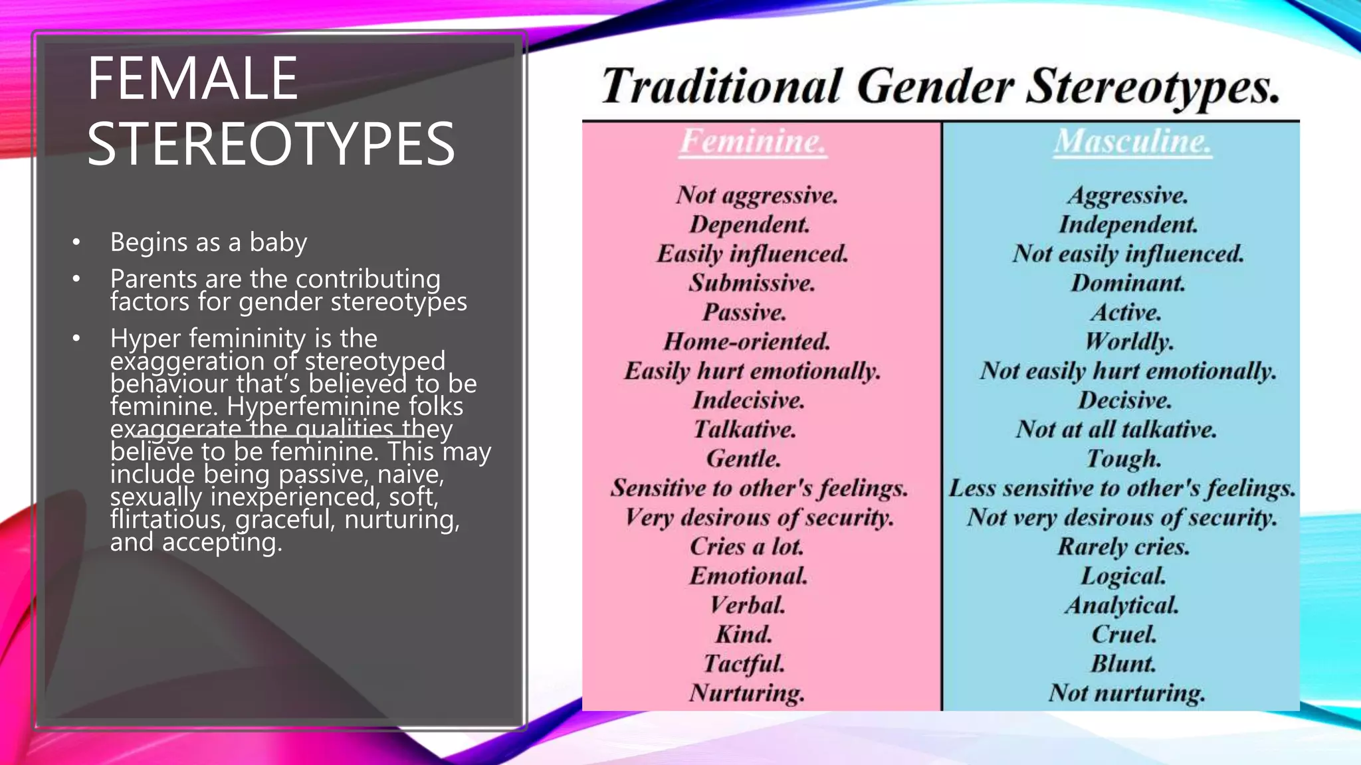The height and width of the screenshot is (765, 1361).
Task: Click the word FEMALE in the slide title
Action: (x=192, y=79)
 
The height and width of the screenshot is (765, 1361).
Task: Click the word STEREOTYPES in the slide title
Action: (x=270, y=144)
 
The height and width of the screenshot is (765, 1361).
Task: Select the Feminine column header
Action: (x=753, y=141)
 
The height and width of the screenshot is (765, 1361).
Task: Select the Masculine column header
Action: (x=1132, y=141)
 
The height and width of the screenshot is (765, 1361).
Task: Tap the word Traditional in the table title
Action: (x=722, y=87)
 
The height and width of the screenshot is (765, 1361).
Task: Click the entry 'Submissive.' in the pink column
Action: (x=752, y=284)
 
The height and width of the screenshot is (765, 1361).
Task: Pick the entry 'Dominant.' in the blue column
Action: (x=1128, y=284)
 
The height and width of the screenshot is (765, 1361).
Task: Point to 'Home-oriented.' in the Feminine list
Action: (x=747, y=342)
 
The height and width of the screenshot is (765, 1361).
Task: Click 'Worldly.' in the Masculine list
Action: (x=1129, y=342)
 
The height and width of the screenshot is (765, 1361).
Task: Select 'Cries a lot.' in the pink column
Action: (x=747, y=547)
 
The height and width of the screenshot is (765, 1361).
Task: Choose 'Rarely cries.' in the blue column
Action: (x=1124, y=547)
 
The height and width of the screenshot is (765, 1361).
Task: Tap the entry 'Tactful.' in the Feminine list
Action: (x=744, y=663)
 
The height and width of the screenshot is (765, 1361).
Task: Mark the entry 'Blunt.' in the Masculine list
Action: (x=1123, y=663)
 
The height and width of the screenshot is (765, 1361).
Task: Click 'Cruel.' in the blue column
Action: (x=1124, y=634)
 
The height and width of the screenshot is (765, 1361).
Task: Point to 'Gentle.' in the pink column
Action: (x=744, y=459)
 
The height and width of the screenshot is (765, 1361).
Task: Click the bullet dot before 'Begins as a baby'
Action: (x=77, y=243)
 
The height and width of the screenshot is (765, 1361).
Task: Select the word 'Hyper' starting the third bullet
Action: (x=146, y=339)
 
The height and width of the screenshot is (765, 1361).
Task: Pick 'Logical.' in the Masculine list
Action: (x=1123, y=576)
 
